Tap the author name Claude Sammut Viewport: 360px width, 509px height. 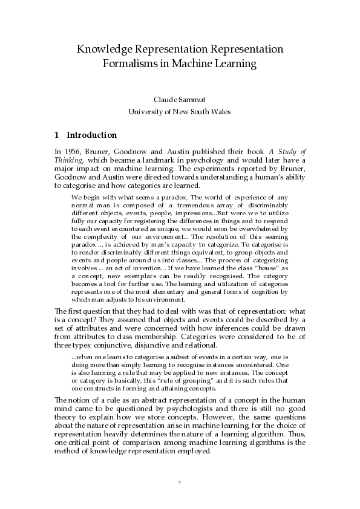pyautogui.click(x=180, y=100)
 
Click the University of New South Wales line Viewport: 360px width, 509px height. pyautogui.click(x=180, y=111)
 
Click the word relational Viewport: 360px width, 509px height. pyautogui.click(x=198, y=345)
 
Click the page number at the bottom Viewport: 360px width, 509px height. pyautogui.click(x=180, y=482)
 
